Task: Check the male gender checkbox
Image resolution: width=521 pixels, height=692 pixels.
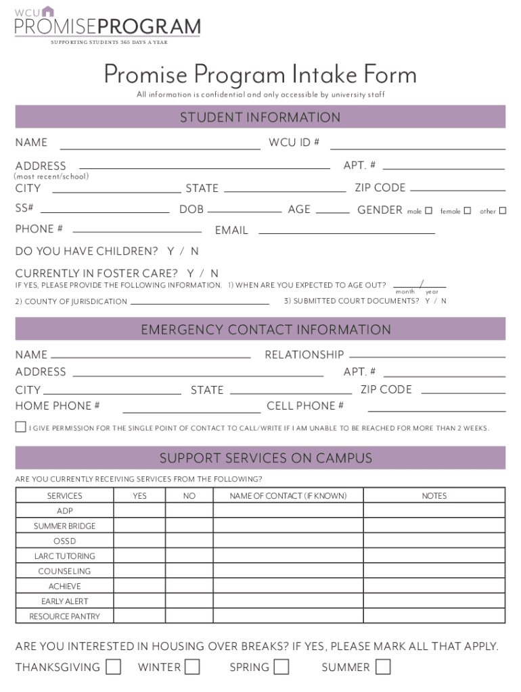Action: pyautogui.click(x=428, y=211)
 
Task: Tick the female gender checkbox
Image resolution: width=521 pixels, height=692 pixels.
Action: pyautogui.click(x=467, y=211)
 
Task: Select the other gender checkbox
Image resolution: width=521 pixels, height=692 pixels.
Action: pyautogui.click(x=503, y=211)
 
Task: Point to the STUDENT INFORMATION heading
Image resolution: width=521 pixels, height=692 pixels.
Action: pyautogui.click(x=260, y=118)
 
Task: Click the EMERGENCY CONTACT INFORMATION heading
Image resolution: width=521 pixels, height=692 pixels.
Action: pyautogui.click(x=266, y=330)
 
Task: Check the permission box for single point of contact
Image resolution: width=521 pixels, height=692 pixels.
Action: pyautogui.click(x=21, y=427)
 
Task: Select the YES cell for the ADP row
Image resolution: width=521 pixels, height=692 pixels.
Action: pyautogui.click(x=139, y=511)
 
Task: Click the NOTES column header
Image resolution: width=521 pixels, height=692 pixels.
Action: pyautogui.click(x=434, y=496)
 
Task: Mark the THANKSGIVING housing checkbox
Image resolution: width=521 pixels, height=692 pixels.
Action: pyautogui.click(x=114, y=667)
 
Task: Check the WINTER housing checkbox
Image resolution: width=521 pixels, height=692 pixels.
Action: pyautogui.click(x=192, y=667)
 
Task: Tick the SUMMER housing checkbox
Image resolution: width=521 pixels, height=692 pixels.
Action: pyautogui.click(x=383, y=667)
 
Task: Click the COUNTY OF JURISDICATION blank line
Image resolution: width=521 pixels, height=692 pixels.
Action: pyautogui.click(x=200, y=301)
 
